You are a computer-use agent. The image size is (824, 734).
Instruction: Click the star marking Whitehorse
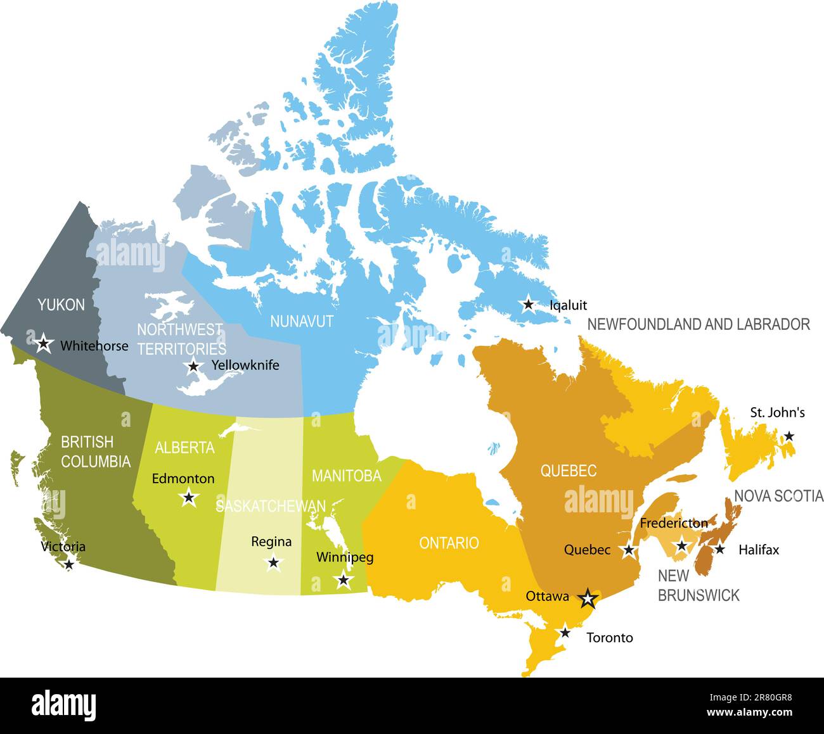tap(43, 343)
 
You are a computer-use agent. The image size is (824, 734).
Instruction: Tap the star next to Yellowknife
tap(194, 365)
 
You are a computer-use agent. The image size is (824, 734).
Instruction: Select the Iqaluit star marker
tap(528, 305)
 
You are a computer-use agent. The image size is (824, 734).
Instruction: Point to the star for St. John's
tap(789, 436)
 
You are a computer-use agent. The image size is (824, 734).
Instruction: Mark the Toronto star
tap(565, 632)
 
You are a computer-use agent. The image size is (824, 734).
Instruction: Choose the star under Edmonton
tap(188, 497)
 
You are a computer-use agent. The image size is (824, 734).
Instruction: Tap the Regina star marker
tap(273, 562)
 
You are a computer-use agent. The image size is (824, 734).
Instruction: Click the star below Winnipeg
tap(344, 579)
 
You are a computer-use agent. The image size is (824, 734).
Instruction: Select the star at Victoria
tap(69, 564)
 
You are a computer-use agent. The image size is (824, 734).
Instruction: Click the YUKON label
tap(61, 305)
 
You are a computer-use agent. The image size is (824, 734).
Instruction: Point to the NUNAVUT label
tap(302, 321)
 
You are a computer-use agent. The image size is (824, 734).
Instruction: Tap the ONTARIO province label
tap(449, 543)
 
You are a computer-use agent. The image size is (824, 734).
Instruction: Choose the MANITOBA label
tap(346, 476)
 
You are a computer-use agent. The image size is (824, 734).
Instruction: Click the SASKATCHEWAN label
tap(271, 506)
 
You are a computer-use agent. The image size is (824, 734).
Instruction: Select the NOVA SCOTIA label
tap(778, 495)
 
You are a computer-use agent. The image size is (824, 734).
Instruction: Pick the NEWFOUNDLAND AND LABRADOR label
tap(698, 324)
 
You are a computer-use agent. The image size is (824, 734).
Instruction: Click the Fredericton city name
tap(674, 523)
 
